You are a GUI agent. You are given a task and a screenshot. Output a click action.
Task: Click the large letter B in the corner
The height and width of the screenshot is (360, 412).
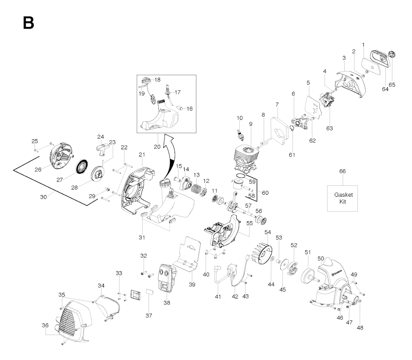click(x=29, y=23)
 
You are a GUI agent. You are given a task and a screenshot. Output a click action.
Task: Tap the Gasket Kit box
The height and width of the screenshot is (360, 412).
click(x=343, y=198)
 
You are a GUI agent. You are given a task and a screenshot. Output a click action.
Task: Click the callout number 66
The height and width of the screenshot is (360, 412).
click(x=342, y=171)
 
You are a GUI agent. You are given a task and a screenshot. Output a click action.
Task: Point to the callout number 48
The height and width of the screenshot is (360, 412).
click(x=360, y=327)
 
